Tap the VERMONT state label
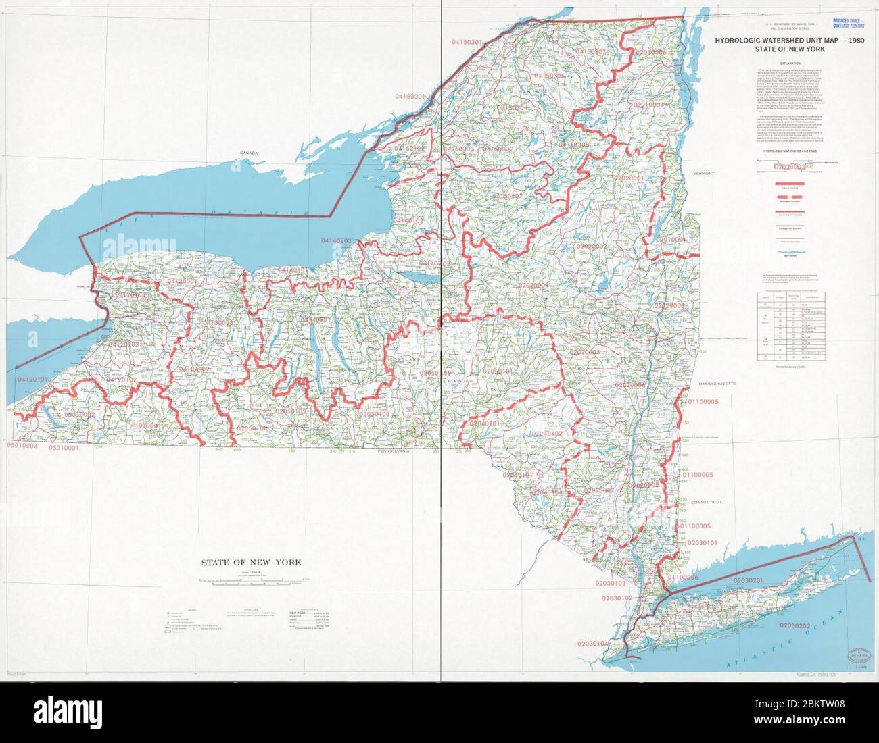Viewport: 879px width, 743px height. pyautogui.click(x=703, y=174)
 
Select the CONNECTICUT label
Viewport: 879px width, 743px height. pyautogui.click(x=707, y=503)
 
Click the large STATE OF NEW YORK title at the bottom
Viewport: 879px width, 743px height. pyautogui.click(x=250, y=562)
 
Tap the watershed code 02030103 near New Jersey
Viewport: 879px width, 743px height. pyautogui.click(x=612, y=582)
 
